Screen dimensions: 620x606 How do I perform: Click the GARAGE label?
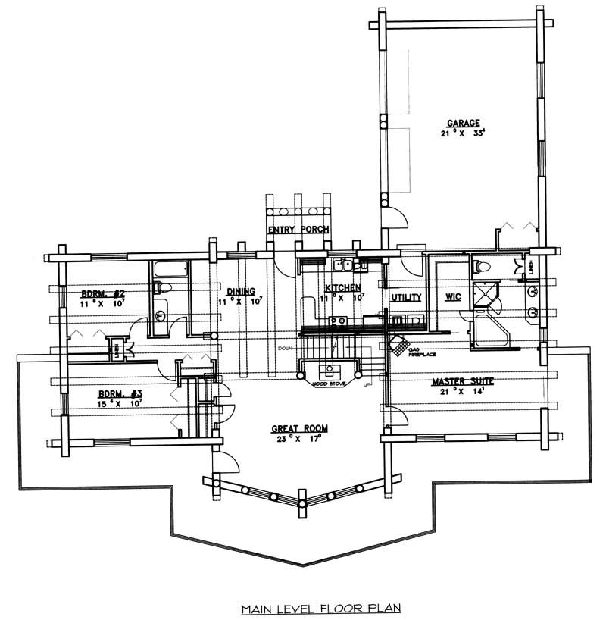pyautogui.click(x=462, y=122)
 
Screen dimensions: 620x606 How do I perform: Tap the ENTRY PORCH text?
pyautogui.click(x=298, y=230)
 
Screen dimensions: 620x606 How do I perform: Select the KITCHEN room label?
pyautogui.click(x=342, y=288)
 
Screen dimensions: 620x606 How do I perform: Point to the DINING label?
pyautogui.click(x=240, y=290)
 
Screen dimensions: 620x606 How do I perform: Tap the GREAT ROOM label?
pyautogui.click(x=297, y=428)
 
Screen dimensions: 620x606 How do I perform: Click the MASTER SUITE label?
pyautogui.click(x=464, y=381)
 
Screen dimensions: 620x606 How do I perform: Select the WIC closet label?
pyautogui.click(x=451, y=298)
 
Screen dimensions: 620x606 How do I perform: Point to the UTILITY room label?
pyautogui.click(x=406, y=298)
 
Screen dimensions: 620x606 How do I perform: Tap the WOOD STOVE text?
pyautogui.click(x=330, y=384)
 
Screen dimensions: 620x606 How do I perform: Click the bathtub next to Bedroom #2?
pyautogui.click(x=168, y=270)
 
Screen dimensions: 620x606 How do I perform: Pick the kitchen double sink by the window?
pyautogui.click(x=344, y=265)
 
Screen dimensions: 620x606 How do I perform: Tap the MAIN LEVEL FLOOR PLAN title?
pyautogui.click(x=320, y=607)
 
